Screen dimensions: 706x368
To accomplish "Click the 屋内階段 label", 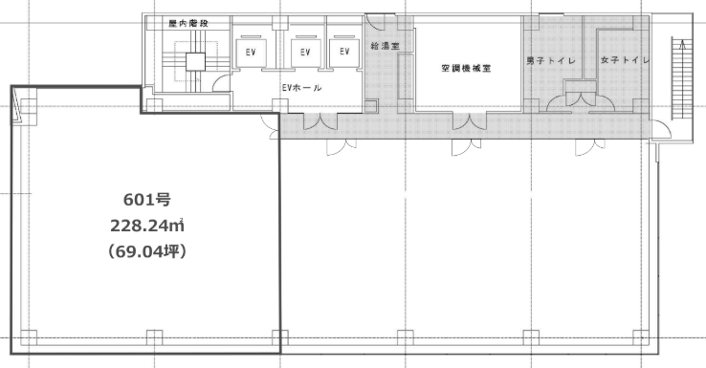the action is [x=188, y=23].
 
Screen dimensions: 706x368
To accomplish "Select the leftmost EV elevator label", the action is [x=251, y=53].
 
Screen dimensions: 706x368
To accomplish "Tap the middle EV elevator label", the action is [x=305, y=53].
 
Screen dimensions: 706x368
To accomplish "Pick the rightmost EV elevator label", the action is [x=344, y=52].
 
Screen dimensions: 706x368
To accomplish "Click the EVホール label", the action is [x=301, y=88].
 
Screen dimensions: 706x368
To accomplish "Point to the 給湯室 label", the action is [x=386, y=46].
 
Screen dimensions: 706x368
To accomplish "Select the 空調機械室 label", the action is [x=466, y=69].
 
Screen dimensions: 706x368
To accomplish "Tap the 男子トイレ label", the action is [x=551, y=61].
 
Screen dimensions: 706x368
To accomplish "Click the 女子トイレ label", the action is [x=625, y=60].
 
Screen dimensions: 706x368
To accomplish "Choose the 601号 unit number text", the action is [x=147, y=200].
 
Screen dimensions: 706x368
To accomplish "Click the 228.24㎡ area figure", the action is [x=147, y=226].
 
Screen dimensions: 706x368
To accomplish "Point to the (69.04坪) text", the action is [x=147, y=251].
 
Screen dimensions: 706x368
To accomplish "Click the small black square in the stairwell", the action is [x=195, y=62].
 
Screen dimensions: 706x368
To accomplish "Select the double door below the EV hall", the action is [x=320, y=121].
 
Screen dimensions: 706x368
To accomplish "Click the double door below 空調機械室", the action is [x=469, y=121].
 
